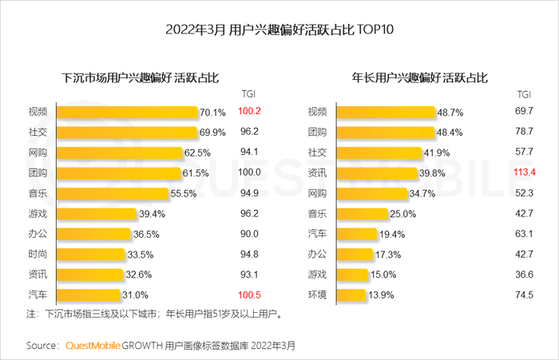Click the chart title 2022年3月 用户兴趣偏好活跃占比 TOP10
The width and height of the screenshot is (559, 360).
click(279, 30)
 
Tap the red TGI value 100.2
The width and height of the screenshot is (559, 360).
click(250, 111)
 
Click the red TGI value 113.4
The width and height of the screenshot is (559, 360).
click(525, 172)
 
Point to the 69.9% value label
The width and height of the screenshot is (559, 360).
click(212, 132)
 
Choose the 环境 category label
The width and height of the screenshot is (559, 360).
click(317, 295)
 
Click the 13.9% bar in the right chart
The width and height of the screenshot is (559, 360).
click(351, 295)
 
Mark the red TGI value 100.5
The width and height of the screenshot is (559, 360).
click(250, 295)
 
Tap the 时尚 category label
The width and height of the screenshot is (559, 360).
click(38, 254)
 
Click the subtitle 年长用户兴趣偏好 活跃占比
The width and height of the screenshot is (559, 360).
click(420, 78)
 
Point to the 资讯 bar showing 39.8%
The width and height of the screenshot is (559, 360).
click(376, 172)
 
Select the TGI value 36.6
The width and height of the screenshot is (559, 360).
click(525, 275)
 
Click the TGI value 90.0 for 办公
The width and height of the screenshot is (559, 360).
click(250, 234)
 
